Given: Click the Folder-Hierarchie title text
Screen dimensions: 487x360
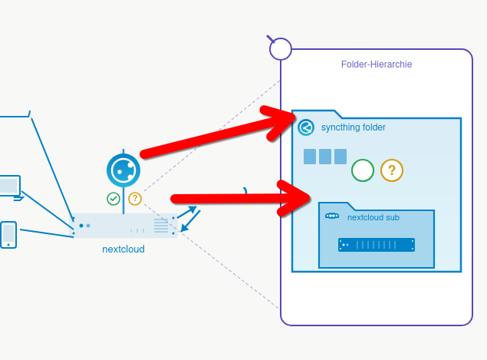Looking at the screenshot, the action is pyautogui.click(x=377, y=64).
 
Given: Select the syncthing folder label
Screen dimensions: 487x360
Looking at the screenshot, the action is pyautogui.click(x=354, y=127).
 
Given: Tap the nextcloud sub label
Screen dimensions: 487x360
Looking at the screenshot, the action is pyautogui.click(x=373, y=217).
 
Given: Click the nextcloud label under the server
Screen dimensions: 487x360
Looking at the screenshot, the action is pyautogui.click(x=123, y=249).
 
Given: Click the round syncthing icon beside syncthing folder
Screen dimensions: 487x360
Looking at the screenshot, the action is pyautogui.click(x=306, y=127).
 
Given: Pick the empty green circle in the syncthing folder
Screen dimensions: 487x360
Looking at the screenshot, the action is pyautogui.click(x=363, y=170).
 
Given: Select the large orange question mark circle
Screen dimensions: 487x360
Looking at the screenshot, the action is pyautogui.click(x=392, y=170).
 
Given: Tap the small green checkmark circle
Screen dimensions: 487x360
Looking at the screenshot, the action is pyautogui.click(x=114, y=199).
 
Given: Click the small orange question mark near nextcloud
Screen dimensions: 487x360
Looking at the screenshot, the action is pyautogui.click(x=135, y=199).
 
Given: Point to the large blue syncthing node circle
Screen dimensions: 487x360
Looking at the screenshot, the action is pyautogui.click(x=123, y=170).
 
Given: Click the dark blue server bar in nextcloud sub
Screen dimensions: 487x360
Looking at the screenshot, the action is pyautogui.click(x=377, y=245).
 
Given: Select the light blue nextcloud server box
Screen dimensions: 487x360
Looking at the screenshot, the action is pyautogui.click(x=123, y=226).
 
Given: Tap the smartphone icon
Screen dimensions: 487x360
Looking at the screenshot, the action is pyautogui.click(x=8, y=235).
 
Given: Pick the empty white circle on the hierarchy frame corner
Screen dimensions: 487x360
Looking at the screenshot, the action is pyautogui.click(x=281, y=49).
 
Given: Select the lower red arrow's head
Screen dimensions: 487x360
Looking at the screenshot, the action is pyautogui.click(x=295, y=198).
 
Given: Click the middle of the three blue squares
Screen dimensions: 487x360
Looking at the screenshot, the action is pyautogui.click(x=325, y=157).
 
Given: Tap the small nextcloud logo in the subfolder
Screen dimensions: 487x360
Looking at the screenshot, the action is pyautogui.click(x=332, y=216).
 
